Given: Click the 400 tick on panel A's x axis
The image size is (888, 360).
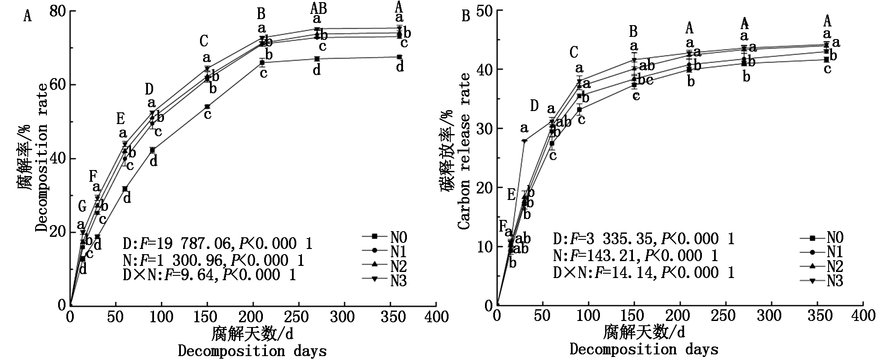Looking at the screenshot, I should coord(436,317).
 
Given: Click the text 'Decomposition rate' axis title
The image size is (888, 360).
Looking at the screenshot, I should coord(41,158).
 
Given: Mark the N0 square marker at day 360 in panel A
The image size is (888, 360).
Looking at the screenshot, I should coord(399,57).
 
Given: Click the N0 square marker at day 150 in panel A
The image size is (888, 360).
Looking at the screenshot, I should coord(207,107).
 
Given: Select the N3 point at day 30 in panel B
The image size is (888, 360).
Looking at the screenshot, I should coord(524,141).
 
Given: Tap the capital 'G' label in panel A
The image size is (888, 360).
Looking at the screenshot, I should coord(82,207).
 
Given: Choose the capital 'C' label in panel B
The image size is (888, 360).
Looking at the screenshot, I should coord(573,52).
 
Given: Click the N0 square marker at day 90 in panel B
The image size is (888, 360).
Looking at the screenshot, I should coord(579,110).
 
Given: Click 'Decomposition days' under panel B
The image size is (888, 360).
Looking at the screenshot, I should coord(644,350).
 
